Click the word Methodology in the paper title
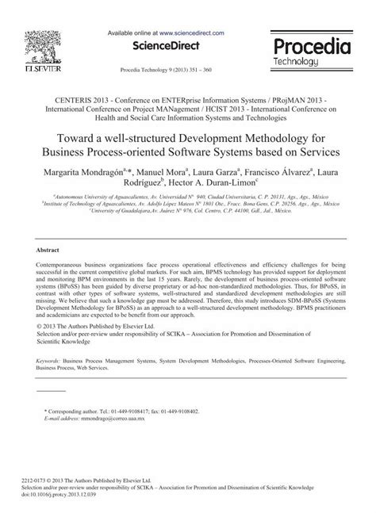(270, 136)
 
